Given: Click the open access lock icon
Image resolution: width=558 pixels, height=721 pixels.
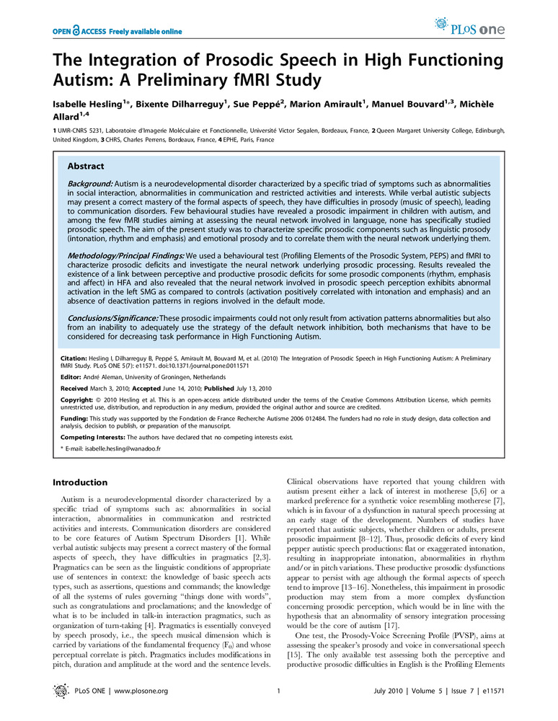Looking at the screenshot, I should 76,32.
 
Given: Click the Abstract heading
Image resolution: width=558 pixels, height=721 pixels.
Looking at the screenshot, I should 86,166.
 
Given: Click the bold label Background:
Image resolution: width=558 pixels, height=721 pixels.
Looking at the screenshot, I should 91,186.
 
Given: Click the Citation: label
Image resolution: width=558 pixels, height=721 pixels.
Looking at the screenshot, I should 73,358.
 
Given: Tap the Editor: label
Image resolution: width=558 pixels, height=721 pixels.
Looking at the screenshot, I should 71,377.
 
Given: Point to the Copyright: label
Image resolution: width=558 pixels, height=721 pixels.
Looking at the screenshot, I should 76,398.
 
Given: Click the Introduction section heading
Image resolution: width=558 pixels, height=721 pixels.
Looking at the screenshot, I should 81,482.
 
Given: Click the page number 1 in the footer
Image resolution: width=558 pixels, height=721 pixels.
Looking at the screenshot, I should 278,691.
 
